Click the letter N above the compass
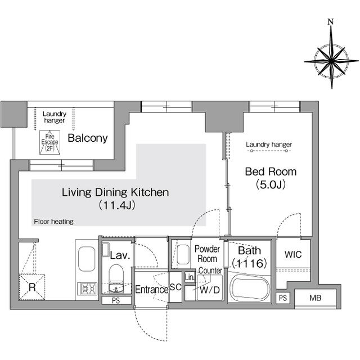pos(331,22)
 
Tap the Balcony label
pos(88,138)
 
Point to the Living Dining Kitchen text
pos(115,192)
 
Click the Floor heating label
pos(53,222)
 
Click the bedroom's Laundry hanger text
pos(269,145)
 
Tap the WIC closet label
pos(293,255)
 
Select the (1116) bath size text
pos(249,262)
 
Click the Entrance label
pos(151,290)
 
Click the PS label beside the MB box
pos(283,298)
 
